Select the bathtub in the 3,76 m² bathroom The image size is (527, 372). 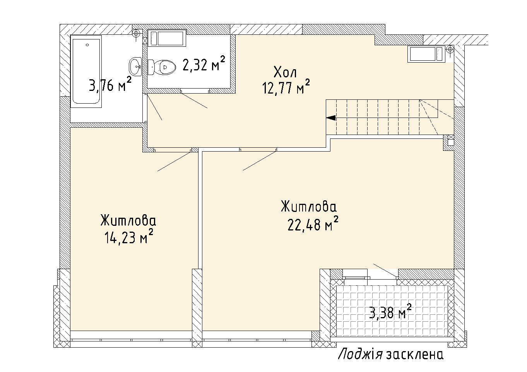click(86, 72)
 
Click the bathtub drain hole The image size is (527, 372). click(87, 45)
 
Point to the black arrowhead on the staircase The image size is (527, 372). click(331, 118)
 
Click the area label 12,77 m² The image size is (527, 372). click(286, 87)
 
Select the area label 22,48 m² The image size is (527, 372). click(313, 224)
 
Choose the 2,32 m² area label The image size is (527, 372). click(204, 63)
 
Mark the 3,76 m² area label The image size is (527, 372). click(110, 84)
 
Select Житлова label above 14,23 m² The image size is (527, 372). click(128, 220)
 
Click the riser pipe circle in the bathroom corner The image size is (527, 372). click(136, 34)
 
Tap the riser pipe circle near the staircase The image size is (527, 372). click(450, 49)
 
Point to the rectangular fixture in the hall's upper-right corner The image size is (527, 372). click(426, 54)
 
